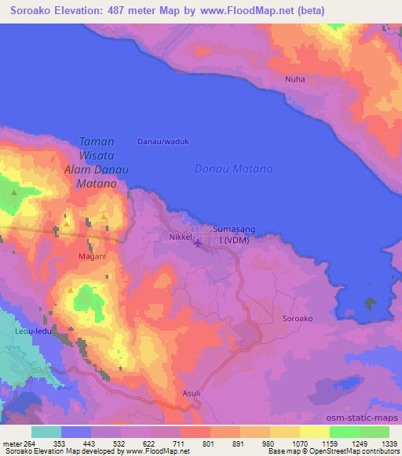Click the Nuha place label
294,79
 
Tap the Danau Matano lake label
233,168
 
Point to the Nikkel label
180,236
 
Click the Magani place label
92,255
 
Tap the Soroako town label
297,319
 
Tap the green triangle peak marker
14,191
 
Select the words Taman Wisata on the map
97,148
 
